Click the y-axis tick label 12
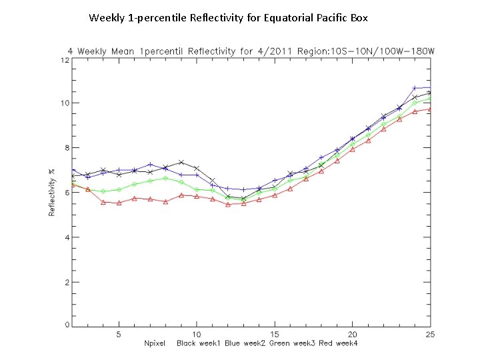65,60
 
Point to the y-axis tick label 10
65,103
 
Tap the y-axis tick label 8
66,148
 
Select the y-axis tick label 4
66,237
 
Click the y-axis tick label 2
66,282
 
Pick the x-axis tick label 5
119,334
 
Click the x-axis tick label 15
274,334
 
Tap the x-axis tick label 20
352,334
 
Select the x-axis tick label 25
430,334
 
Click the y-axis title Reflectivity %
52,193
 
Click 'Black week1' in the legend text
199,344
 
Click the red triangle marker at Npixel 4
103,202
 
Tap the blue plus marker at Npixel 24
415,88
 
